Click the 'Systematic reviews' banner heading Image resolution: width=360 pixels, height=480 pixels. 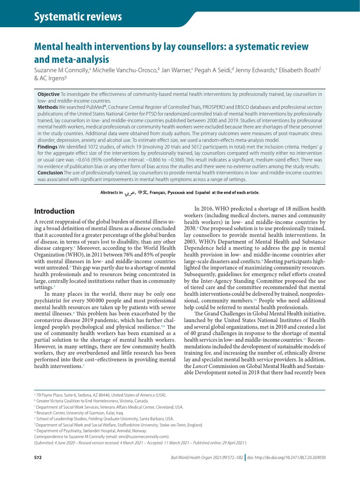point(78,17)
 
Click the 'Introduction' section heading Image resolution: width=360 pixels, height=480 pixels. point(54,211)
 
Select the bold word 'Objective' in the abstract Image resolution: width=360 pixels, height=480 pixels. point(48,95)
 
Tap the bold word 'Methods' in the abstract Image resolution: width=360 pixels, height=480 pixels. point(48,107)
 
